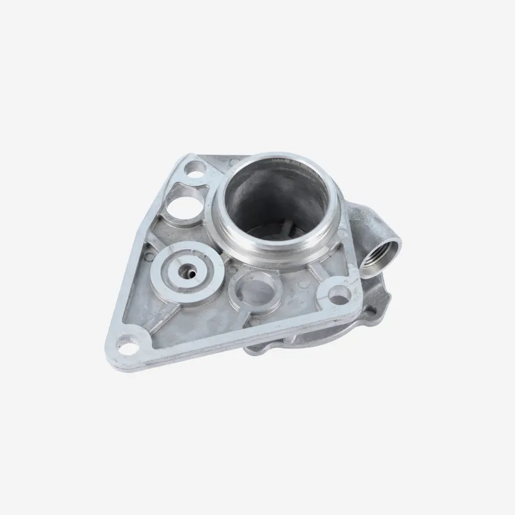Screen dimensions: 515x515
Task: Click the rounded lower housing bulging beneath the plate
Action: [359, 323]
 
